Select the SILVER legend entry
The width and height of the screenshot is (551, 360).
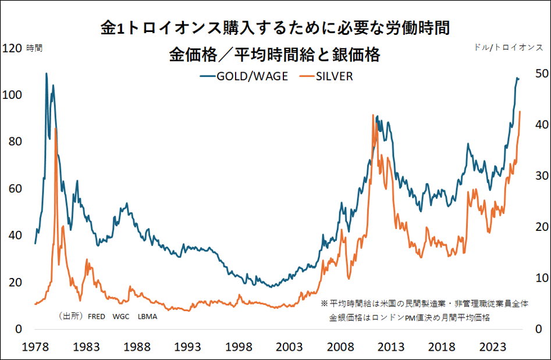(326, 76)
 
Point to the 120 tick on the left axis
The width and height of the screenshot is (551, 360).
(12, 48)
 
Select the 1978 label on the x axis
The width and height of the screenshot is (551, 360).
(35, 347)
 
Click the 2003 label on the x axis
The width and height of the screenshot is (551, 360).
(289, 347)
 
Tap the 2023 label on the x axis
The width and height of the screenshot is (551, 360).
(493, 347)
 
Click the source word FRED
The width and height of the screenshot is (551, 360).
(96, 317)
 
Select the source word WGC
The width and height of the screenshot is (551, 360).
(121, 317)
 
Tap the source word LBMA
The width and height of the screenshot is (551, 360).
(147, 317)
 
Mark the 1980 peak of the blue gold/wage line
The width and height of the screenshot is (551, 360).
(46, 74)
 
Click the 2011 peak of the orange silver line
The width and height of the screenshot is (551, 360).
(372, 116)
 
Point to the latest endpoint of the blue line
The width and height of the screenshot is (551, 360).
(519, 79)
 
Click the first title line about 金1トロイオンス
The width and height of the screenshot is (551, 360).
(275, 28)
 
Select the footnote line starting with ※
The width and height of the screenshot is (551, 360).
(424, 304)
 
